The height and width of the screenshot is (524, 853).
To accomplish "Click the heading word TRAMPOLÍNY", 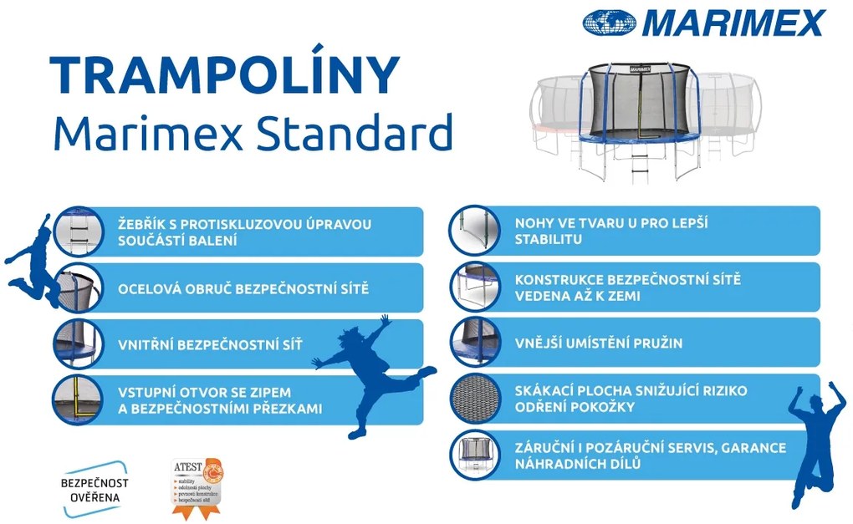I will pos(224,75).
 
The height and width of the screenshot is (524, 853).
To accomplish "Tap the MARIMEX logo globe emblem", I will pos(610,23).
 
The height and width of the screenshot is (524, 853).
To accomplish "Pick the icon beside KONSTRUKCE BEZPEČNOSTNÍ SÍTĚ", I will pos(474,287).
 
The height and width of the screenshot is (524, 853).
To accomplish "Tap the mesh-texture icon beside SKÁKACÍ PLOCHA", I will pos(474,399).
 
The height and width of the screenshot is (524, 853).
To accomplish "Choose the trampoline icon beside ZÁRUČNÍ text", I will pos(474,455).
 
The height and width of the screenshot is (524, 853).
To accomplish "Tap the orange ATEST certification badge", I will pos(198,486).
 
